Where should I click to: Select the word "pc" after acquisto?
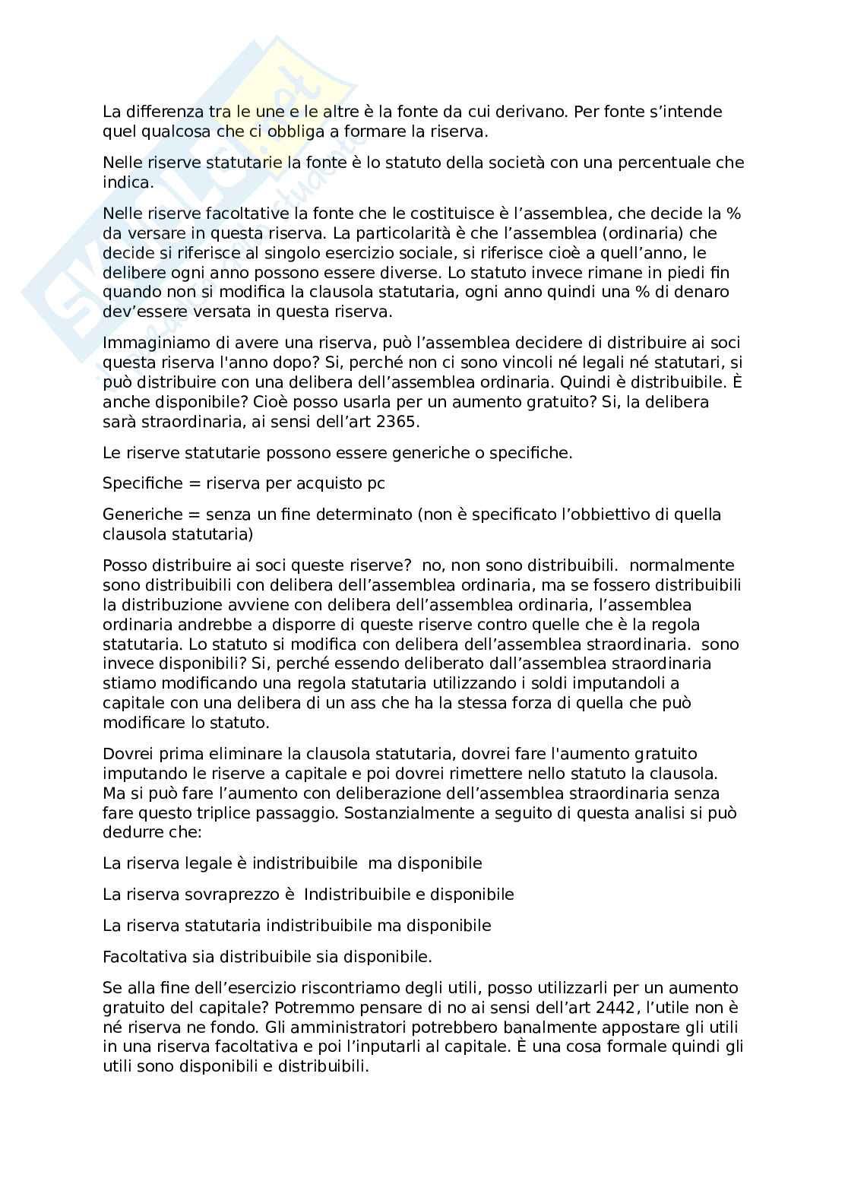(376, 483)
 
